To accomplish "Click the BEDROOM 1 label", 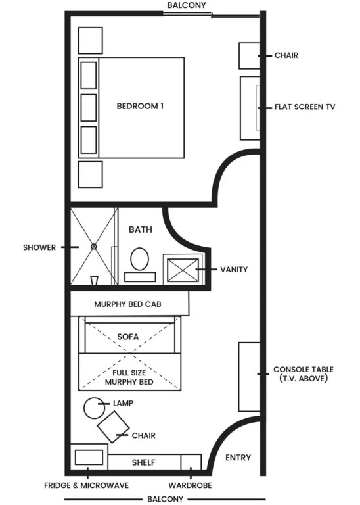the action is coord(140,106).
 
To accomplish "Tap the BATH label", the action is coord(141,229).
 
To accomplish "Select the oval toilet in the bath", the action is coord(140,258).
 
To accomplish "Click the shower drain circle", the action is coord(94,247).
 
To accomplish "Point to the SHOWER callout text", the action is coord(39,247).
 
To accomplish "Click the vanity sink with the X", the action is coord(183,270).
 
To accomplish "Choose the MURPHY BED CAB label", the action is coord(127,304).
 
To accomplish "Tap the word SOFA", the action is coord(128,337).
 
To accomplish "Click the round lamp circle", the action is coord(94,408).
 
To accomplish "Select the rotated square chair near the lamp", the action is coord(113,427).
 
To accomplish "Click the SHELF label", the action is coord(143,462).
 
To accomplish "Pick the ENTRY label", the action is coord(238,458).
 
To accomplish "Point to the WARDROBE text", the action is coord(190,485).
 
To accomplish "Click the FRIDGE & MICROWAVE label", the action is coord(87,485).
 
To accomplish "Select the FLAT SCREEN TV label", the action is coord(305,107).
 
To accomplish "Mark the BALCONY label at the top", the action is coord(187,5).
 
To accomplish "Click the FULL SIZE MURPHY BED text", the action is coord(129,377).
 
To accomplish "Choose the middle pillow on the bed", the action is coord(89,108).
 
